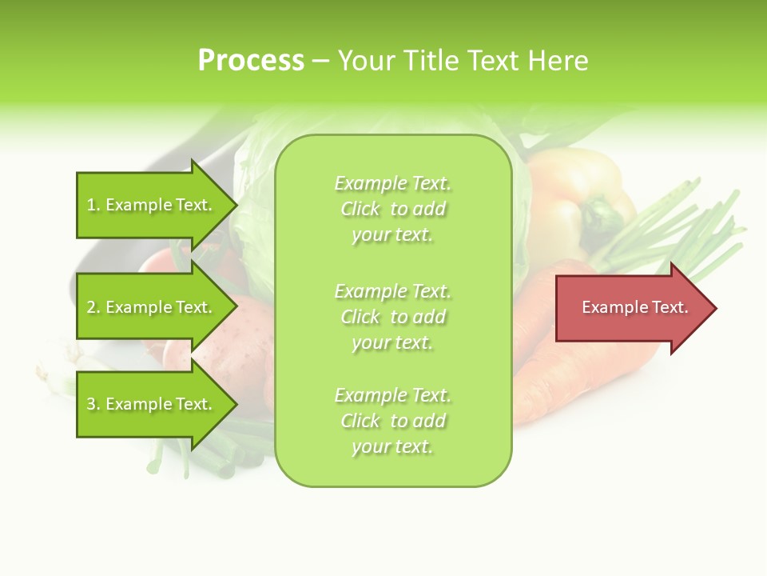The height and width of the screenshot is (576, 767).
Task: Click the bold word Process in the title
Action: tap(251, 61)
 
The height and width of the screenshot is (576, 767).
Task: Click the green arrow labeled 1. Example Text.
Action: tap(152, 206)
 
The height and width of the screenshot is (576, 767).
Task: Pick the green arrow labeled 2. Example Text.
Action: tap(152, 307)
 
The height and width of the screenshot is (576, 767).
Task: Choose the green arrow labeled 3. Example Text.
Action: tap(152, 404)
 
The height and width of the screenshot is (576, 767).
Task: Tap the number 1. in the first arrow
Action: tap(93, 206)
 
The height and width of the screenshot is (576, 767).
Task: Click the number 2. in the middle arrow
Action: tap(93, 308)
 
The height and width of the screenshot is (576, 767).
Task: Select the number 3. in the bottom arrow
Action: tap(93, 405)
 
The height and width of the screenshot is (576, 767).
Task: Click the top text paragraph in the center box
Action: tap(392, 209)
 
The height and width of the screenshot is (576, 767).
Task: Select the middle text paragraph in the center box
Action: tap(392, 316)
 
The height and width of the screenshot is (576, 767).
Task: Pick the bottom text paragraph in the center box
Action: tap(392, 421)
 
